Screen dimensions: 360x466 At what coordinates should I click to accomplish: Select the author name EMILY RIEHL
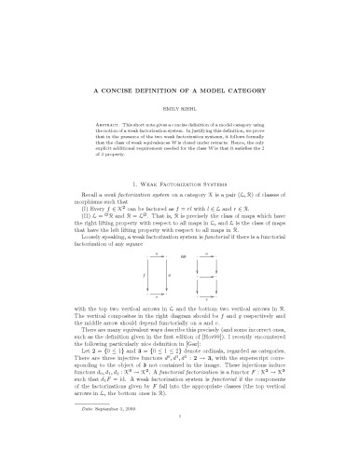pos(180,116)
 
